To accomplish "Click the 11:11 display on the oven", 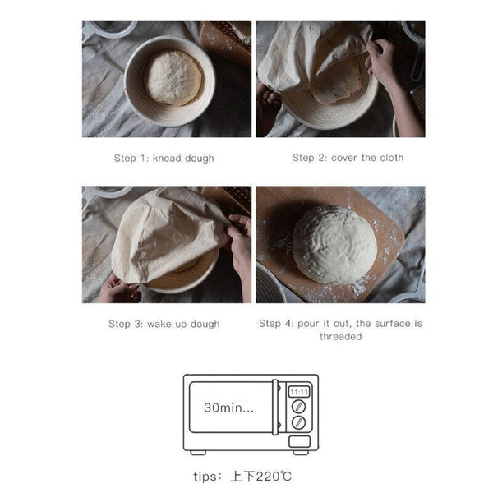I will coord(299,392).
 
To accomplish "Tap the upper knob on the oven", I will coord(299,407).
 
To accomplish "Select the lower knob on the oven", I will coord(299,422).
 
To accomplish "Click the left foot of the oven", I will coord(199,451).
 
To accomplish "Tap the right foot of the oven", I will coord(301,451).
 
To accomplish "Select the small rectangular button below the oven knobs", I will coord(299,438).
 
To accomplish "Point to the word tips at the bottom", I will coord(200,477).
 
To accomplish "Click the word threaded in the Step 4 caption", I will coord(339,336).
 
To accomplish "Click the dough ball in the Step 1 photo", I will coord(173,76).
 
